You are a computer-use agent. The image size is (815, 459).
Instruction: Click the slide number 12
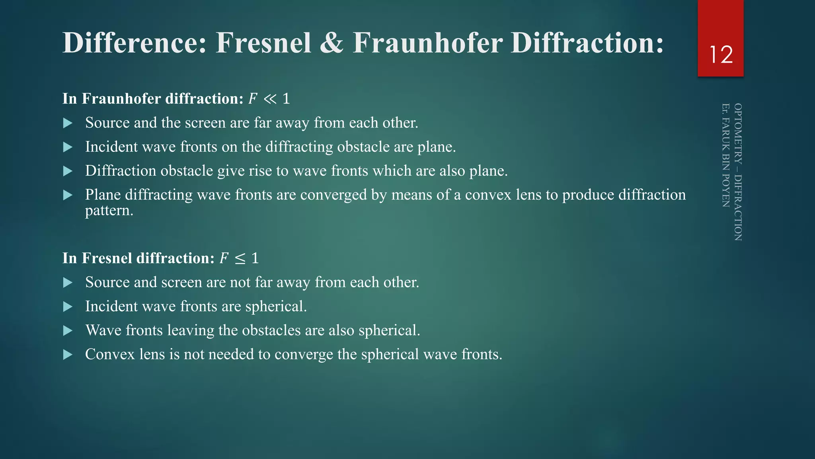click(721, 55)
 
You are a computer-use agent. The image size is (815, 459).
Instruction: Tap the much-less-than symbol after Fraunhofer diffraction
click(270, 99)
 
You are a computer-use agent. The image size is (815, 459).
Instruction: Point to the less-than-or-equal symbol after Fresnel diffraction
click(240, 259)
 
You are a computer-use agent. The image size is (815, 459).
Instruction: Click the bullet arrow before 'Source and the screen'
click(68, 123)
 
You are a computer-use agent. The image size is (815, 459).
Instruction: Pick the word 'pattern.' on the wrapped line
click(109, 210)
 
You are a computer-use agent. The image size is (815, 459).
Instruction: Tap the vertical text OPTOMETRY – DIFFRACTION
click(738, 172)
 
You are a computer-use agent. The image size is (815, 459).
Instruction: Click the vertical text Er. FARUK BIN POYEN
click(725, 155)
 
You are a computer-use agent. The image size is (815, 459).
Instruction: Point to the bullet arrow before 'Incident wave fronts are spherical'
click(68, 307)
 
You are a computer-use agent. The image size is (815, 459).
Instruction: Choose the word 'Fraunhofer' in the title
click(427, 43)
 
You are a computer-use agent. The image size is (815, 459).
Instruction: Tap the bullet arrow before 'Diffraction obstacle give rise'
click(68, 171)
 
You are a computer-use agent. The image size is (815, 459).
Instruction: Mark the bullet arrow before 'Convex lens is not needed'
click(68, 355)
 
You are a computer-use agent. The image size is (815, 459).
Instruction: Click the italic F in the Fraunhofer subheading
click(253, 99)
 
